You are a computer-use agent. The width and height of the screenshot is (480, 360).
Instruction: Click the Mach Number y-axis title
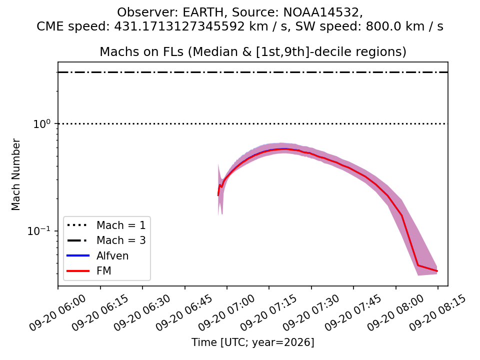15,174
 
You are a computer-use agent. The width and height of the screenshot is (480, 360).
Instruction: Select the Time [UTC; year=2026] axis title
253,342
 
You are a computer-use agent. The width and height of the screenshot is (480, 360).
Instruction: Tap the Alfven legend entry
112,255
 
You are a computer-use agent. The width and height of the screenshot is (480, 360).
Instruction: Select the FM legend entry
104,271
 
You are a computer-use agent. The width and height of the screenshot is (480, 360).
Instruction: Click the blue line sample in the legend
78,255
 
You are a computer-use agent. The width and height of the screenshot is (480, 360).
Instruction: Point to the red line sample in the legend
78,271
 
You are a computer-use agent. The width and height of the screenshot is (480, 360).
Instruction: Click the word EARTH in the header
203,12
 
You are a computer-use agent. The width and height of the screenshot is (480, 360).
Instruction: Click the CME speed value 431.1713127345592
179,26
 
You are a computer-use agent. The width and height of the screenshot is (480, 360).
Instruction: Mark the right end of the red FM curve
437,271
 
